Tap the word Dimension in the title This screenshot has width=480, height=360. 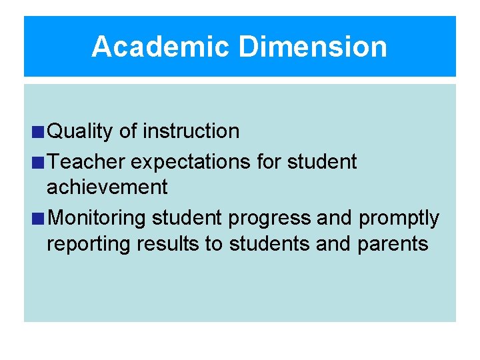tap(312, 47)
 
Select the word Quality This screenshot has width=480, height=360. tap(81, 131)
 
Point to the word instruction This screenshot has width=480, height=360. tap(191, 131)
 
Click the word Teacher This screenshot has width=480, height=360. tap(87, 161)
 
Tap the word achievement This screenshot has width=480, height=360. tap(107, 187)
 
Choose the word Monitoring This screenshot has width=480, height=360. tap(98, 219)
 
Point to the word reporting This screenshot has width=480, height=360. tap(89, 245)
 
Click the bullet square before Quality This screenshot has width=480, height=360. tap(41, 132)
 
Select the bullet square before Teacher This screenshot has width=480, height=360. tap(41, 162)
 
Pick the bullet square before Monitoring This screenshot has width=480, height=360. tap(41, 219)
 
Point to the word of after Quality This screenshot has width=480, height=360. tap(128, 131)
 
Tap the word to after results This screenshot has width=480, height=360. tap(213, 244)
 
